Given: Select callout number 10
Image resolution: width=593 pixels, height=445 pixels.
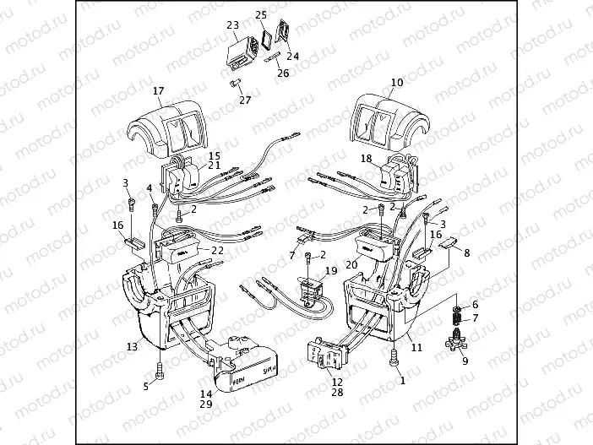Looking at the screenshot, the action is coord(397,83).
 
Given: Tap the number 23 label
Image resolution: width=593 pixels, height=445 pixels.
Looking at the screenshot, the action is coord(232,26).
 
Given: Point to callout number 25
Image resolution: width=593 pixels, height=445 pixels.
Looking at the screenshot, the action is coord(261,16).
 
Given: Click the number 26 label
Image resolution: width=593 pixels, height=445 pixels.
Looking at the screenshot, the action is coord(283,73).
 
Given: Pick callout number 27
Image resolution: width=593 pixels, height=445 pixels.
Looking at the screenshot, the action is coord(245,100).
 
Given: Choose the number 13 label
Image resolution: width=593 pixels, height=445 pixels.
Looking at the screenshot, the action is coord(132,346).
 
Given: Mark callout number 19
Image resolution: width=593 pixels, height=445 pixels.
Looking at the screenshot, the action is coord(330,271).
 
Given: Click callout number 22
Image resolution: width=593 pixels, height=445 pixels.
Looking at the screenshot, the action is coord(217,250).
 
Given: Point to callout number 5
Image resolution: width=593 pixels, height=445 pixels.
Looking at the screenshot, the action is coord(145,386).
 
